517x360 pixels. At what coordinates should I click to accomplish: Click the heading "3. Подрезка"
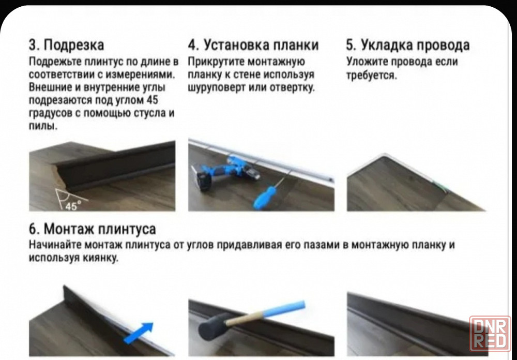point(66,45)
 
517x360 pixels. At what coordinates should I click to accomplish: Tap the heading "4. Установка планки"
point(253,45)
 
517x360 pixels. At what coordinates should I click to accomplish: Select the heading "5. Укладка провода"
point(407,45)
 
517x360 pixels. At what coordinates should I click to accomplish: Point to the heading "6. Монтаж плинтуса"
point(93,229)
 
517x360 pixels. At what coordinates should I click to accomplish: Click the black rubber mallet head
point(212,327)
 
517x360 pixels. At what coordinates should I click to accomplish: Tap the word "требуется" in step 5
point(371,75)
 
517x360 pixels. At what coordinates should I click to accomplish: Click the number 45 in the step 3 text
point(151,100)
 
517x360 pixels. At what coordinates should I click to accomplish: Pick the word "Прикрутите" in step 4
point(216,62)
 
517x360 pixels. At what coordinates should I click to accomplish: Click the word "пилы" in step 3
point(43,126)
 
